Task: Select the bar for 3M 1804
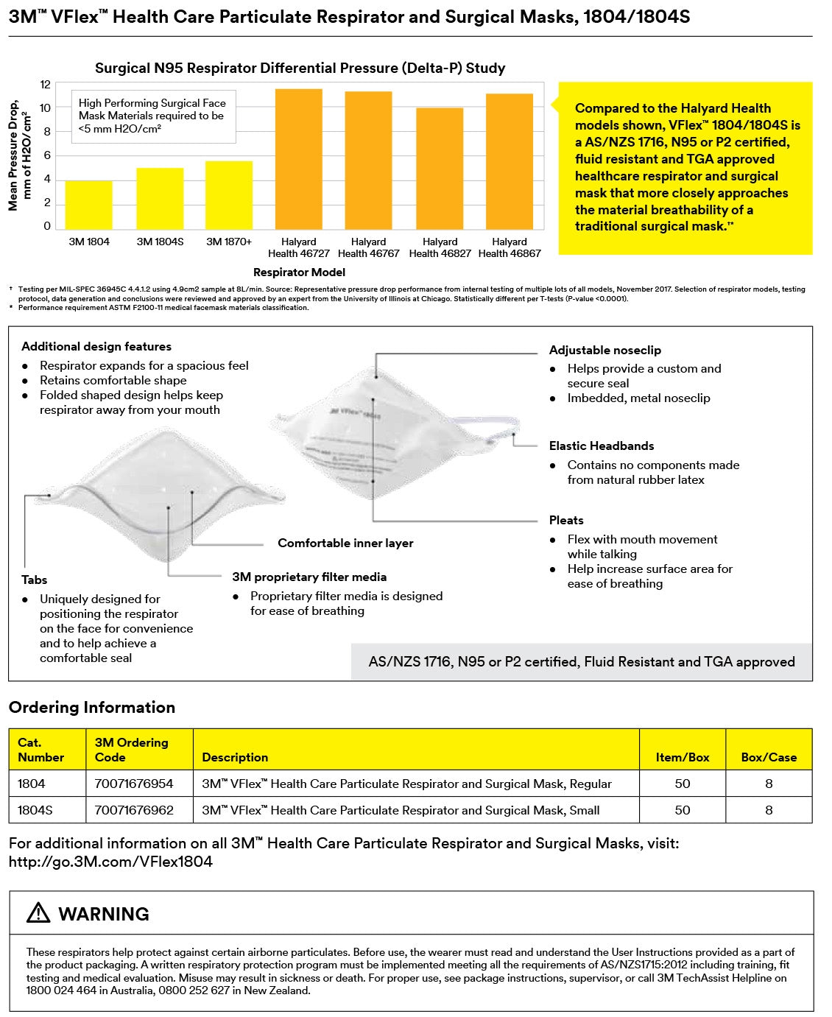[88, 205]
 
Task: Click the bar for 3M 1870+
[229, 195]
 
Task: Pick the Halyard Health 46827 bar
[440, 169]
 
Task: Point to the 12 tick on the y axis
[46, 85]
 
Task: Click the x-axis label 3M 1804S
[160, 242]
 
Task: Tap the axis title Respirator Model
[298, 272]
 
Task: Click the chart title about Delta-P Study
[300, 68]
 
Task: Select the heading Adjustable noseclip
[605, 350]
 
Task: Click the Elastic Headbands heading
[602, 446]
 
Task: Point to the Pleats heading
[566, 520]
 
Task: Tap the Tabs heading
[35, 580]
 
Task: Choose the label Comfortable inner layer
[345, 543]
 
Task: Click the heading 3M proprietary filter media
[309, 577]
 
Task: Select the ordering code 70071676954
[134, 784]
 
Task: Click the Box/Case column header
[769, 757]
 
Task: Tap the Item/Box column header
[683, 757]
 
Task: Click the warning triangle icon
[38, 913]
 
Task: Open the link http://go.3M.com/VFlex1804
[110, 862]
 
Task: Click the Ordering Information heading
[92, 707]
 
